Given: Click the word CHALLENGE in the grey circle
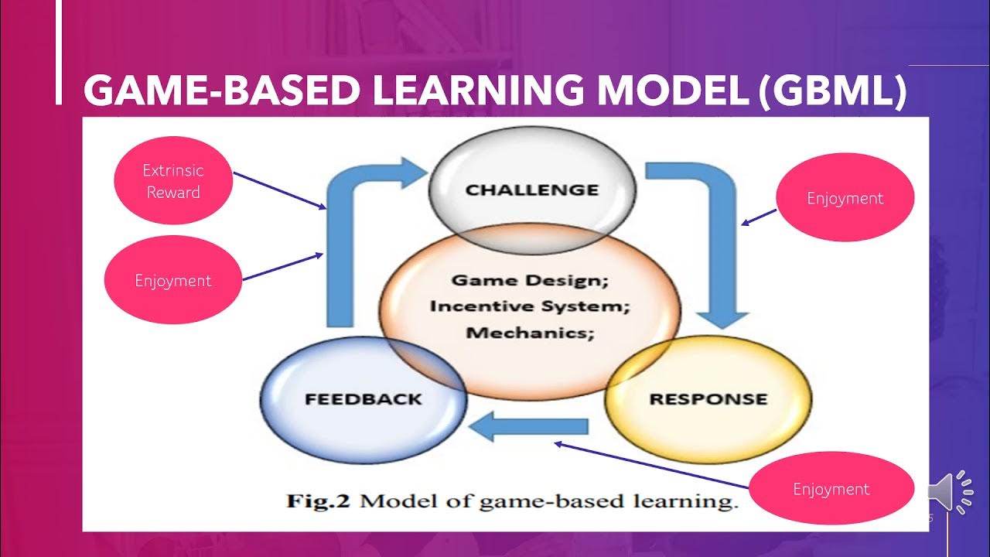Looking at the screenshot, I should pos(531,190).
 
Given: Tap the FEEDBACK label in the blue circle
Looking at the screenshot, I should pos(363,399).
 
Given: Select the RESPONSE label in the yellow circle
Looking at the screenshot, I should pos(708,399).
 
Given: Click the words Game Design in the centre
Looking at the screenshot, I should pos(531,280).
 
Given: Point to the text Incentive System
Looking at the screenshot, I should pos(531,306).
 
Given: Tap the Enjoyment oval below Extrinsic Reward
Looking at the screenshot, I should pos(173,280).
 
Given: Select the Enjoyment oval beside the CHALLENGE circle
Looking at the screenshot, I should pos(845,198).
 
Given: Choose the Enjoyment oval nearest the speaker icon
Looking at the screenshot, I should pos(831,489).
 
